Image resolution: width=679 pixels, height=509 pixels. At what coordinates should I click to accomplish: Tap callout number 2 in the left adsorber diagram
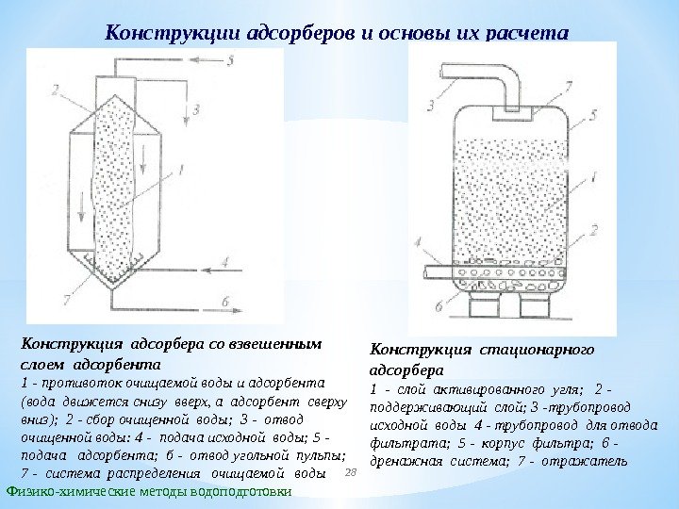pyautogui.click(x=56, y=91)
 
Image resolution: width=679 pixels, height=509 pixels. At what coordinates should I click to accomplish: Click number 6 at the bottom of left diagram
pyautogui.click(x=225, y=302)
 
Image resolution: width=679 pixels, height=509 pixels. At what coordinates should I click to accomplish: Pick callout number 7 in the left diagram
pyautogui.click(x=65, y=300)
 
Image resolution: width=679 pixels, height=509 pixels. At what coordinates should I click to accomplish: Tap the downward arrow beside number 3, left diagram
pyautogui.click(x=182, y=113)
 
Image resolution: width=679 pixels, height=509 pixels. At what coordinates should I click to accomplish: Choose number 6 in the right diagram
pyautogui.click(x=438, y=306)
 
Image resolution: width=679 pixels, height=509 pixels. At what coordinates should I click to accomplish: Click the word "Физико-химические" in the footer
pyautogui.click(x=65, y=493)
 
